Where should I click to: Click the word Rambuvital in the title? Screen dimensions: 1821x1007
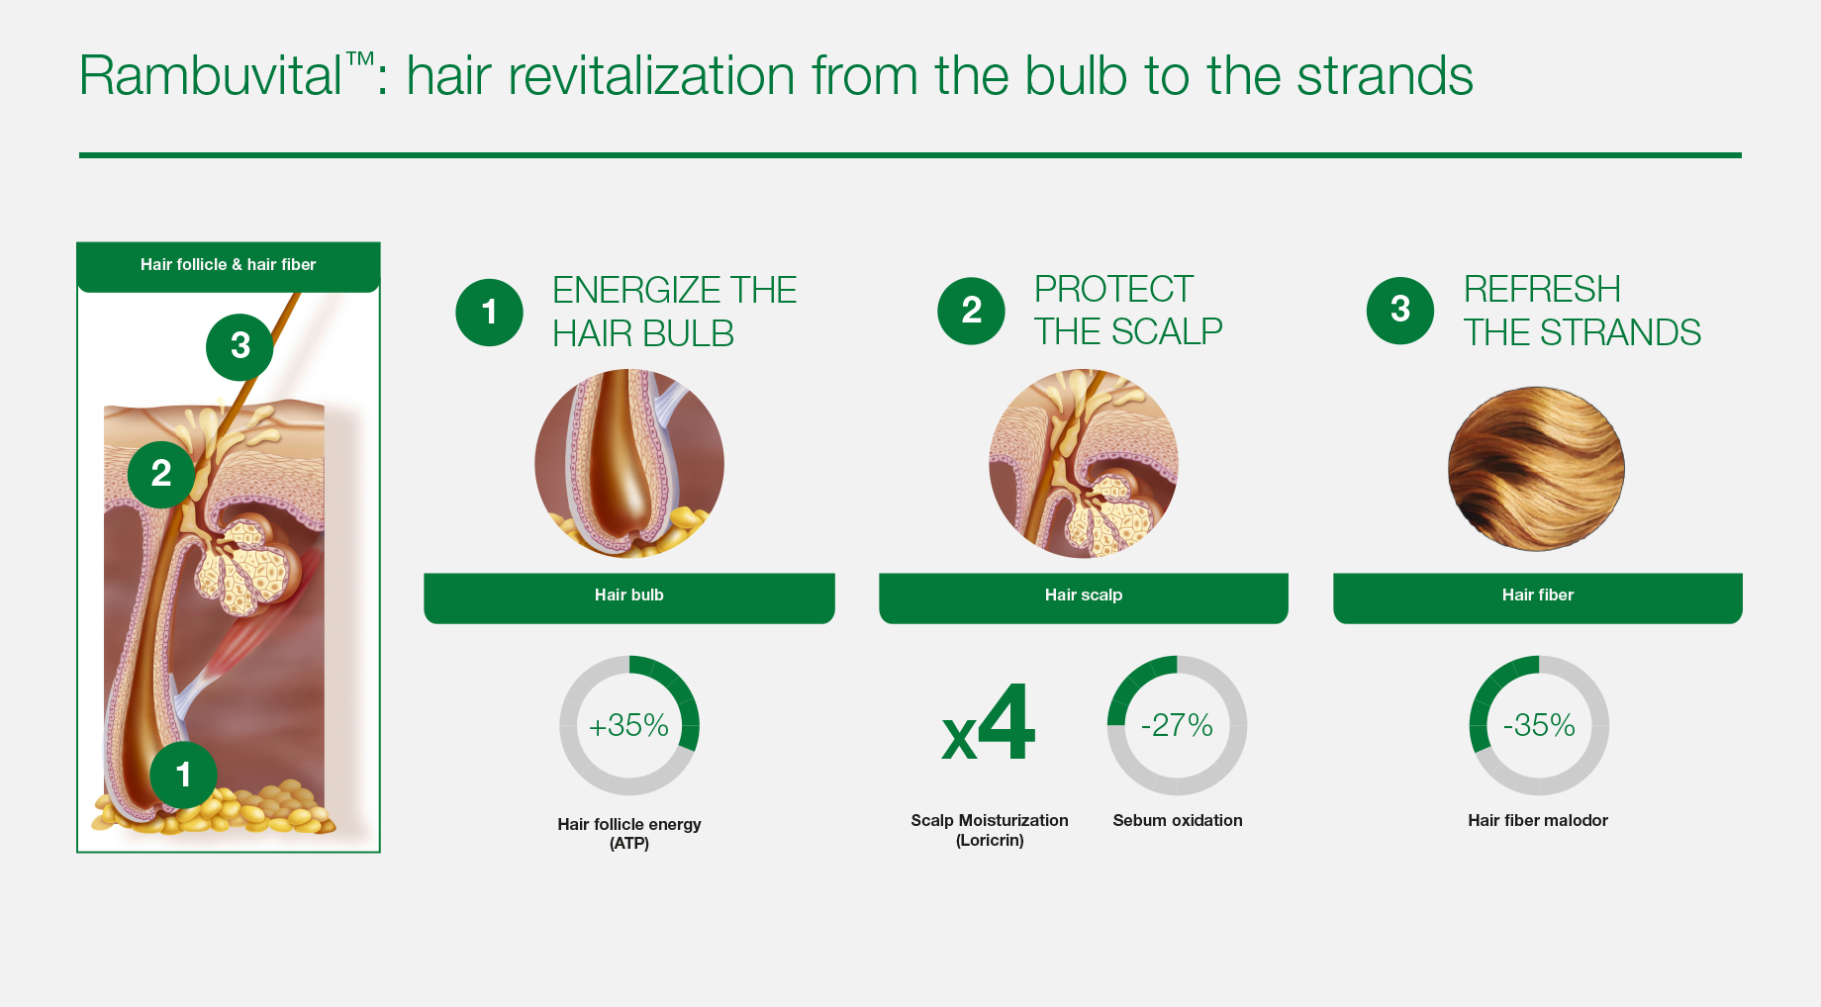click(211, 75)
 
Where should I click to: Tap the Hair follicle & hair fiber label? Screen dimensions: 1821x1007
click(228, 265)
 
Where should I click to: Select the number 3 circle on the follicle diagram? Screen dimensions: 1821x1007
click(240, 347)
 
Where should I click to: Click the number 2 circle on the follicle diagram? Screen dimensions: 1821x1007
click(161, 474)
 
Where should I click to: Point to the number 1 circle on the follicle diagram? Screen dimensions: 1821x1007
click(183, 775)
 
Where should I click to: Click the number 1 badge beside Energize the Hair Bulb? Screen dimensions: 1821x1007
click(489, 313)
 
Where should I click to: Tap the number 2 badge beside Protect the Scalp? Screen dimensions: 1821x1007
click(971, 311)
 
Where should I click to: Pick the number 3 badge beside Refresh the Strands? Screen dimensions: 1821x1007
click(1400, 311)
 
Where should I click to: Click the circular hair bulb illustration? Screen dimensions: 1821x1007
click(629, 463)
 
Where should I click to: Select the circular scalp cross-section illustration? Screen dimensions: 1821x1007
click(1084, 463)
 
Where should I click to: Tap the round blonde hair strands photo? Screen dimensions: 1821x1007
click(1536, 469)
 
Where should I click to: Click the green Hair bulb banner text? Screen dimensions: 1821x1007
click(629, 595)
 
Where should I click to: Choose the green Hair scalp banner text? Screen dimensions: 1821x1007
click(1084, 595)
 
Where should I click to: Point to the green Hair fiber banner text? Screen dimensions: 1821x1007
click(1538, 595)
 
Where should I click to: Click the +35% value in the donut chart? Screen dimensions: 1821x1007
click(629, 726)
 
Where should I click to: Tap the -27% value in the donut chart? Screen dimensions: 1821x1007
click(1177, 726)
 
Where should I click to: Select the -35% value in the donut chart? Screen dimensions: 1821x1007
click(1539, 726)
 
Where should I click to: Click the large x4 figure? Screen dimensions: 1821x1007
click(989, 723)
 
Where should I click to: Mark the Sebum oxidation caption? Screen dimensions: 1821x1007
click(1178, 820)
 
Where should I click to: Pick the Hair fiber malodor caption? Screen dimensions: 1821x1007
click(1538, 820)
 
